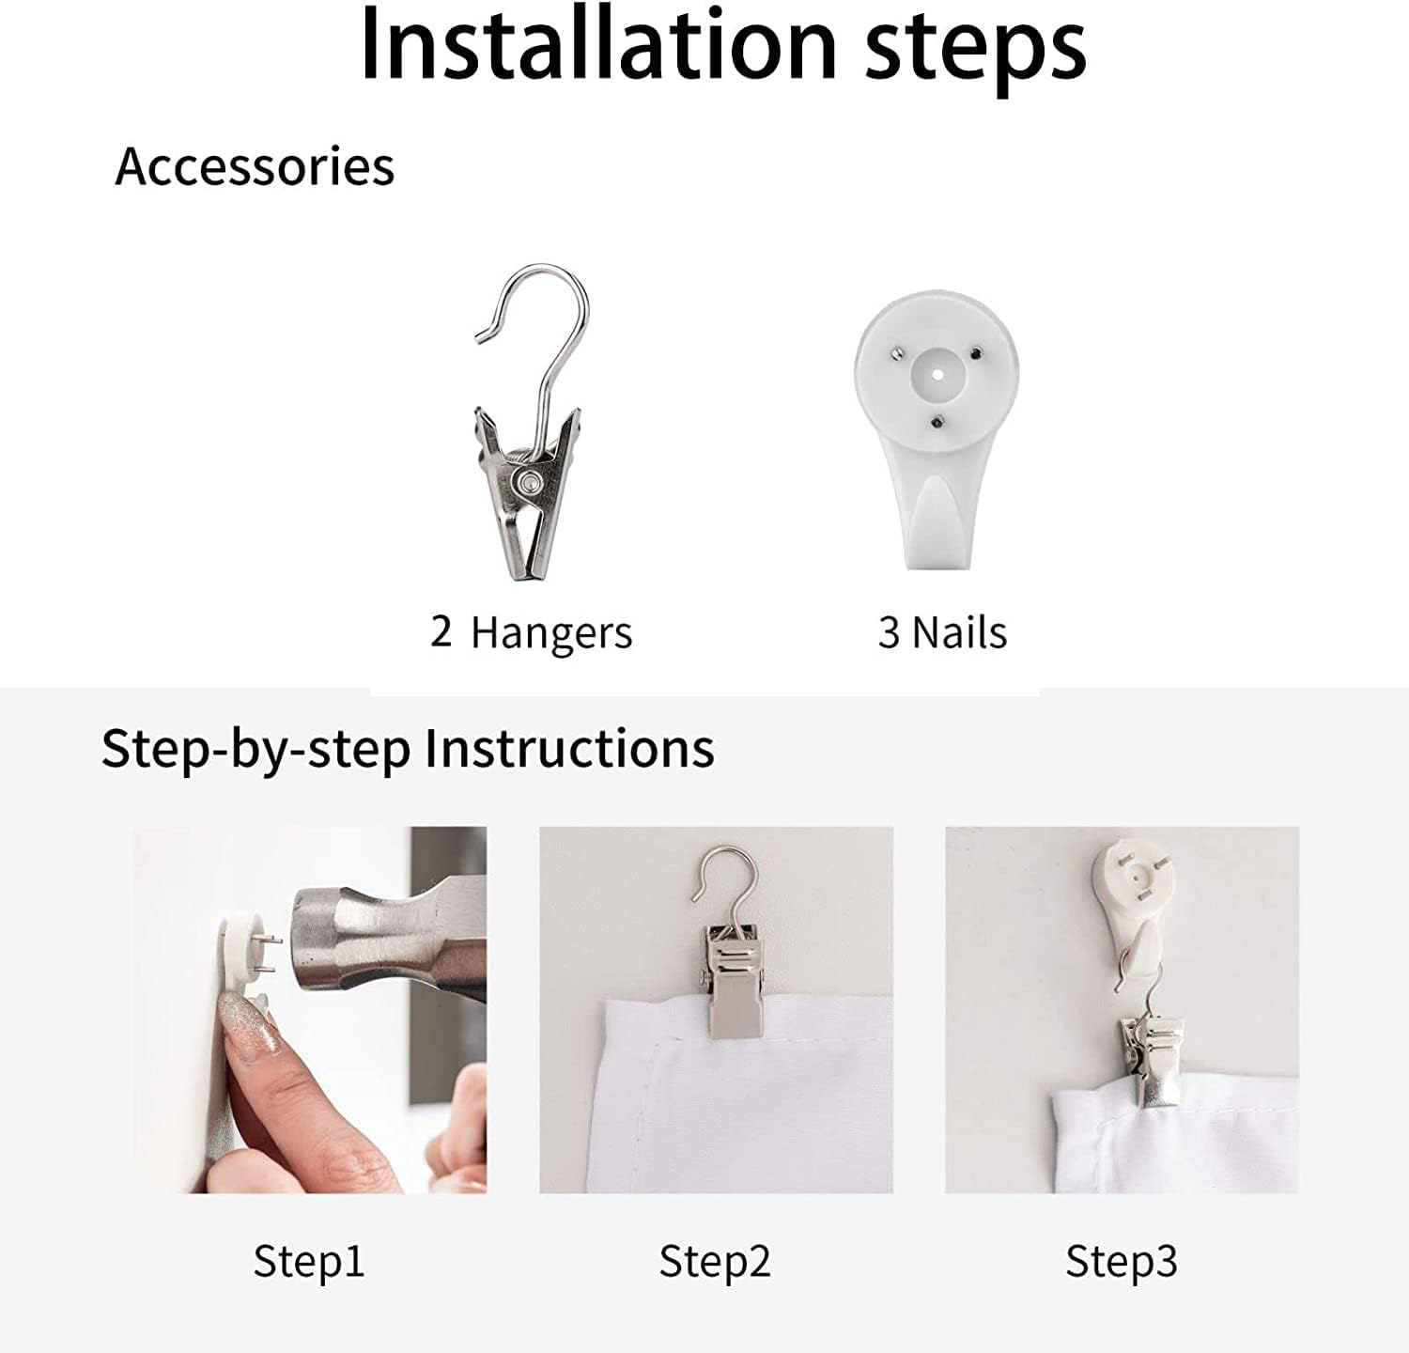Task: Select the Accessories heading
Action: coord(255,166)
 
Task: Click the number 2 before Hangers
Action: coord(441,630)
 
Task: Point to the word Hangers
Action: coord(551,634)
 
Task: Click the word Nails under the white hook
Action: coord(960,632)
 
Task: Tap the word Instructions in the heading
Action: coord(569,749)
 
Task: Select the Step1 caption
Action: coord(308,1261)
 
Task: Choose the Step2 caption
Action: coord(714,1261)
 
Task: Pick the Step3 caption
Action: coord(1121,1261)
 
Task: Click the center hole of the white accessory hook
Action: coord(937,374)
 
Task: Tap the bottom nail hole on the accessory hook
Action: coord(937,422)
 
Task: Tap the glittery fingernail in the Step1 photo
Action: coord(246,1029)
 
